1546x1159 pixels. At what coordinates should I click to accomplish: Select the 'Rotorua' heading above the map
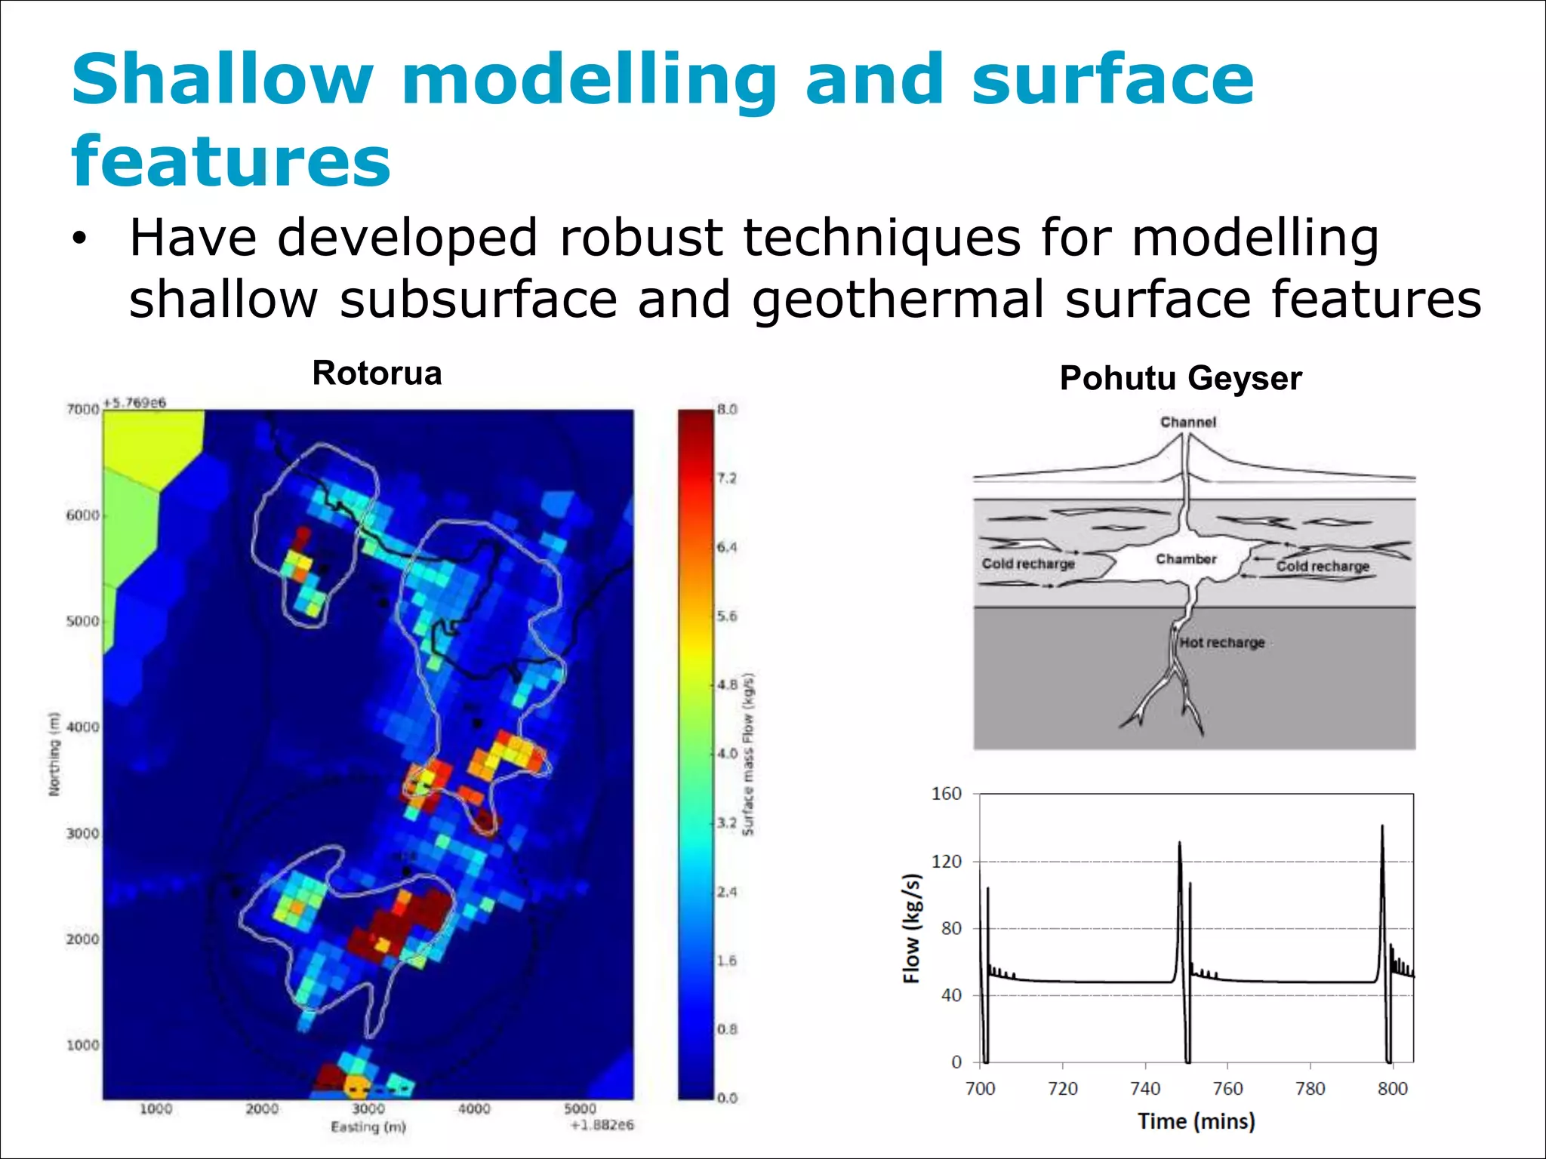point(377,374)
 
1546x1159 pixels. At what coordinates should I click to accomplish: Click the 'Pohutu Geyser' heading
point(1181,378)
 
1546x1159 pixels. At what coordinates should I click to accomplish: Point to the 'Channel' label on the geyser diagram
point(1187,423)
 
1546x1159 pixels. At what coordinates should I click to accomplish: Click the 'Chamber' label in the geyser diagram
point(1186,559)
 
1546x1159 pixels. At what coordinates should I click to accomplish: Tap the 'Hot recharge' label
point(1221,643)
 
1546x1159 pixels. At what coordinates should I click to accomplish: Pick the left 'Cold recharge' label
point(1027,564)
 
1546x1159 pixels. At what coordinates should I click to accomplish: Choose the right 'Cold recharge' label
point(1323,566)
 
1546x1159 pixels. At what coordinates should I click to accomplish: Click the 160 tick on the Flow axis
point(946,794)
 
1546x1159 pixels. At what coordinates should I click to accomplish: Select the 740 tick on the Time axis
point(1145,1089)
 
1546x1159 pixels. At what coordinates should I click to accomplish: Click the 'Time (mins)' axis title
point(1196,1121)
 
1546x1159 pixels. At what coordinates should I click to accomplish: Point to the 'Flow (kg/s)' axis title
point(913,929)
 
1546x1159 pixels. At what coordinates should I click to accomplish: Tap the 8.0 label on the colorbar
point(727,410)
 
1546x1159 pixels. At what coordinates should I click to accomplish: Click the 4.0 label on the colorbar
point(727,754)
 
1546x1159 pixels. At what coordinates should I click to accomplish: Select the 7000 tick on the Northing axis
point(82,410)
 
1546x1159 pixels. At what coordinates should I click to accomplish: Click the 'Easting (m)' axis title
point(368,1127)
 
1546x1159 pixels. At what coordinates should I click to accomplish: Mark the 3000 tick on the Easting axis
point(368,1109)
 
